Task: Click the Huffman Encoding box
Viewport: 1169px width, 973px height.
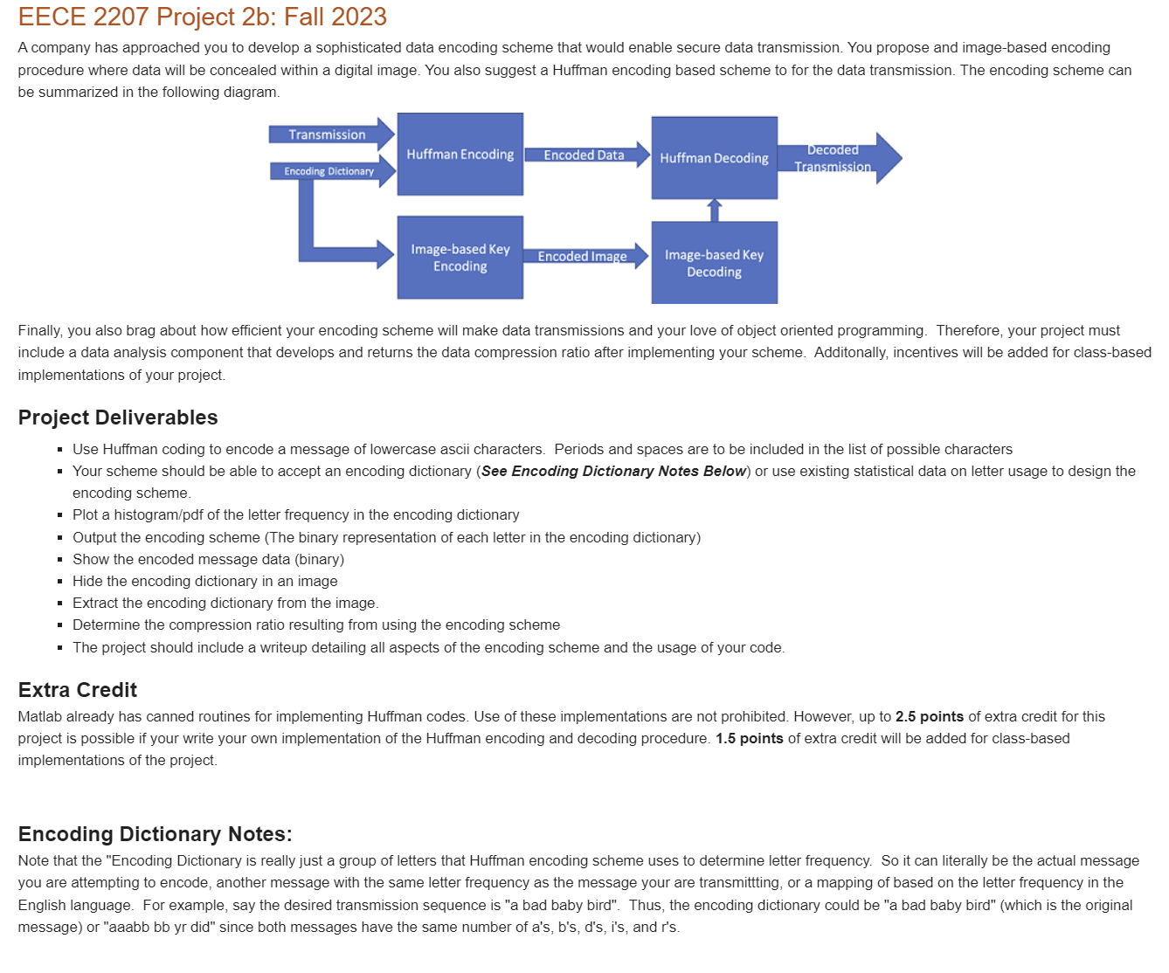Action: coord(460,155)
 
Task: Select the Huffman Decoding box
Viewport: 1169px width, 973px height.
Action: coord(714,158)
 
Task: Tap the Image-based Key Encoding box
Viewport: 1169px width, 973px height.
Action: coord(460,258)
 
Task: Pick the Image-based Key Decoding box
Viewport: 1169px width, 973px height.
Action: coord(714,263)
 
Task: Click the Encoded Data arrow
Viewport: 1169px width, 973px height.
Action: coord(584,155)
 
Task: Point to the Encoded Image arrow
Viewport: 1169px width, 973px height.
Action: coord(583,256)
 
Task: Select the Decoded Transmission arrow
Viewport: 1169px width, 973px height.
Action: coord(835,158)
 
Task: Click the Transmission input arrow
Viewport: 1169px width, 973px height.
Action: coord(329,135)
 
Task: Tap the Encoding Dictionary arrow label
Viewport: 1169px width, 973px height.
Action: coord(329,171)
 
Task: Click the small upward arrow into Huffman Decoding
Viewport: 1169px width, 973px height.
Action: coord(715,210)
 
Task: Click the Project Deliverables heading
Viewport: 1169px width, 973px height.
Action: coord(118,417)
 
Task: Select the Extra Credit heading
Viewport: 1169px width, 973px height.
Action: coord(78,690)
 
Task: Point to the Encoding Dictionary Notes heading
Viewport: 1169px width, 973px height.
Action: coord(155,834)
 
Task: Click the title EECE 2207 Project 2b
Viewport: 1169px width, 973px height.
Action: coord(202,17)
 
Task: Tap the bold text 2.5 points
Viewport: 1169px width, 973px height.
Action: coord(929,716)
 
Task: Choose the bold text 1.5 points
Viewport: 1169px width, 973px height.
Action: coord(749,738)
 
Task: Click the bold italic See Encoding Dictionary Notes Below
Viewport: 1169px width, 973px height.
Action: coord(613,471)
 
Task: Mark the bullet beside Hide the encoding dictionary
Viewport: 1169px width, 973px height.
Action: coord(59,582)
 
